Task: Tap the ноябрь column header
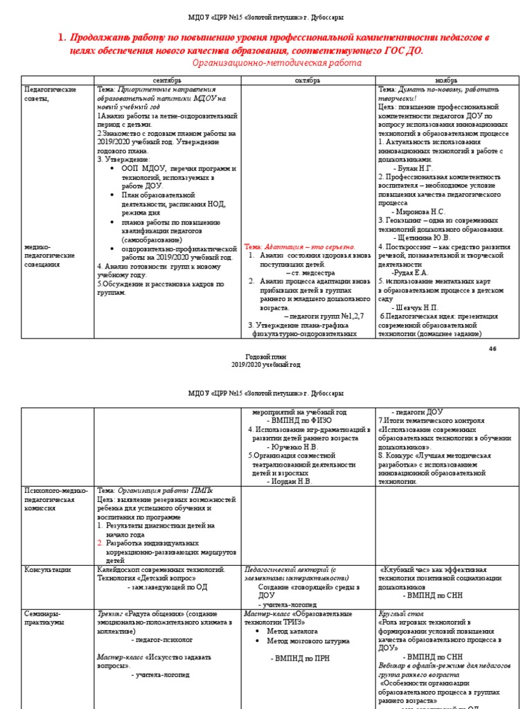445,80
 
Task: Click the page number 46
493,348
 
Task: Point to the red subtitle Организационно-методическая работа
277,63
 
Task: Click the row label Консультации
48,569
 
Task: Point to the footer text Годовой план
266,354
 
